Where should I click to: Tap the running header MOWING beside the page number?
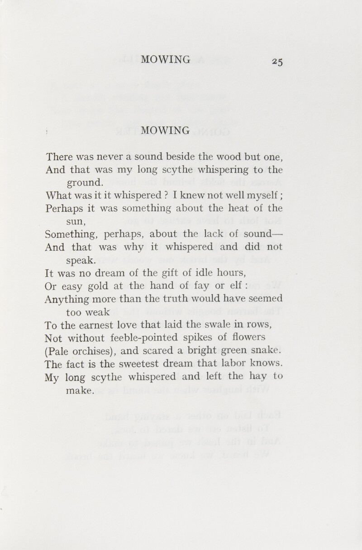point(166,59)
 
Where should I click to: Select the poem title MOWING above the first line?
point(166,131)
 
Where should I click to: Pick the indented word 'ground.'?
point(86,183)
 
